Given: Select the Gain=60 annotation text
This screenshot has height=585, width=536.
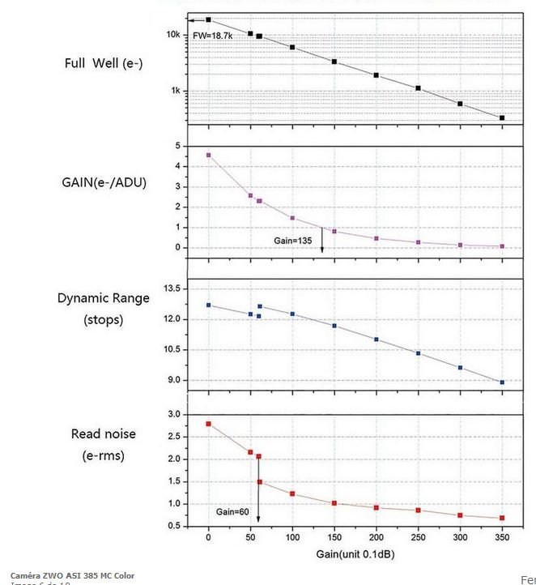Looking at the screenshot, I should click(x=232, y=511).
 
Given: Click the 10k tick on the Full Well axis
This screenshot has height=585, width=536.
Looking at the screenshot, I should click(x=173, y=35).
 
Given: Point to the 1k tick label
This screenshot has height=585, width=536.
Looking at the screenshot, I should click(x=175, y=91).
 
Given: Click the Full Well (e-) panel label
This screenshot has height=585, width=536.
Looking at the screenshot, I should click(x=104, y=63).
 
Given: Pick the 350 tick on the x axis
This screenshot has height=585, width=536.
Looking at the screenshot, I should click(x=502, y=537).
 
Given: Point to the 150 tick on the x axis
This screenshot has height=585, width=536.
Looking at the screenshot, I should click(x=334, y=537).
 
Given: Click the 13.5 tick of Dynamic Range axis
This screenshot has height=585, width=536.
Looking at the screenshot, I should click(x=171, y=288).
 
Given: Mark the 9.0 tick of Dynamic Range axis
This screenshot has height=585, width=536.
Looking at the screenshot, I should click(x=173, y=380).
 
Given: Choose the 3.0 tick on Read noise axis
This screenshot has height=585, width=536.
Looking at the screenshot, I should click(x=173, y=414).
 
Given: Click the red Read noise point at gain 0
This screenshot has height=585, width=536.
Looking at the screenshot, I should click(x=209, y=424).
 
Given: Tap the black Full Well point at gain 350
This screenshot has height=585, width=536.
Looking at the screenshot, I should click(x=502, y=118).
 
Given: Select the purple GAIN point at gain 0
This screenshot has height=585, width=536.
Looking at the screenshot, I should click(x=209, y=155).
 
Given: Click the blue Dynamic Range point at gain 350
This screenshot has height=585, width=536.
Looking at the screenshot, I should click(x=502, y=382).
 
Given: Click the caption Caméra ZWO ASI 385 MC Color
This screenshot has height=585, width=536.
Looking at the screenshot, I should click(x=72, y=575).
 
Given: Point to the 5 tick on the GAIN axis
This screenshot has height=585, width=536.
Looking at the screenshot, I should click(x=177, y=146).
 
